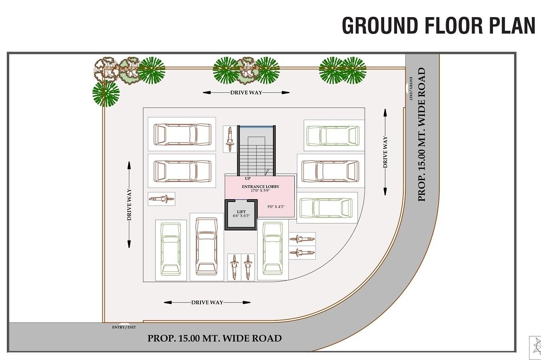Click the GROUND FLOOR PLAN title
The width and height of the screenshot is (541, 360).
click(x=438, y=25)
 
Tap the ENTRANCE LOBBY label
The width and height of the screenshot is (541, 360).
click(x=260, y=186)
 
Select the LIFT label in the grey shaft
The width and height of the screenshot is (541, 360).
click(x=241, y=212)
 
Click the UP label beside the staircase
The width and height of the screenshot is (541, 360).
click(x=248, y=178)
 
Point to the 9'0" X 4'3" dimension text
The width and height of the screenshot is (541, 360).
click(x=276, y=207)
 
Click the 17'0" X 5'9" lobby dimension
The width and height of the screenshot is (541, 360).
click(x=260, y=191)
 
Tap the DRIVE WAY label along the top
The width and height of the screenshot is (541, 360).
click(x=246, y=92)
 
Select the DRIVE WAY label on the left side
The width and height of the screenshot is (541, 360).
click(x=129, y=205)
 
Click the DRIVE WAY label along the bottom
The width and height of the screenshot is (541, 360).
click(x=207, y=302)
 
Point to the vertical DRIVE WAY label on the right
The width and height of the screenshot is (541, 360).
click(x=385, y=152)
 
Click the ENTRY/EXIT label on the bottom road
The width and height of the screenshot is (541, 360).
click(x=124, y=327)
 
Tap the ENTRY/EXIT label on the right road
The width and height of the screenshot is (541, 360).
click(x=411, y=88)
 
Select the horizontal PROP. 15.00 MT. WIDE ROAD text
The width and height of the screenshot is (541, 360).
click(x=214, y=338)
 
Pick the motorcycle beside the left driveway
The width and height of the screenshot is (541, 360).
click(x=161, y=199)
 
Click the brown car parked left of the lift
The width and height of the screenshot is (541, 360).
click(x=206, y=246)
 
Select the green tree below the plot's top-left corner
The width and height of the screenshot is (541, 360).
click(x=106, y=94)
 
